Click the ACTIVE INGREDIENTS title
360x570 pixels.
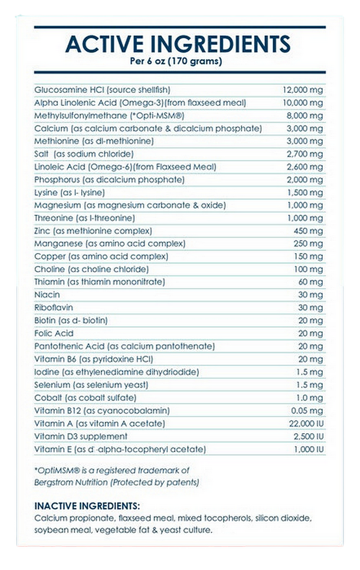pyautogui.click(x=178, y=44)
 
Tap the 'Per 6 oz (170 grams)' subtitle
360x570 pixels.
pyautogui.click(x=176, y=61)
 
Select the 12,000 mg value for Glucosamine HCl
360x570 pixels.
pyautogui.click(x=302, y=90)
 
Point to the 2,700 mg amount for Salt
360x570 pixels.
pyautogui.click(x=305, y=154)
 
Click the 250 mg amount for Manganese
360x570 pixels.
pyautogui.click(x=308, y=244)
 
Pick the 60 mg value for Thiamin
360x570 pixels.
pyautogui.click(x=311, y=282)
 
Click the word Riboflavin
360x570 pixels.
pyautogui.click(x=53, y=308)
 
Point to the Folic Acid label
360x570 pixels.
pyautogui.click(x=53, y=333)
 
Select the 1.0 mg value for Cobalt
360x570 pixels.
pyautogui.click(x=309, y=398)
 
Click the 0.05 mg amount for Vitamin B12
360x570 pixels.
pyautogui.click(x=307, y=411)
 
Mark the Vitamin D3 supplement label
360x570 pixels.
pyautogui.click(x=81, y=436)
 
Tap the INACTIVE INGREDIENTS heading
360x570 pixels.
pyautogui.click(x=87, y=506)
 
